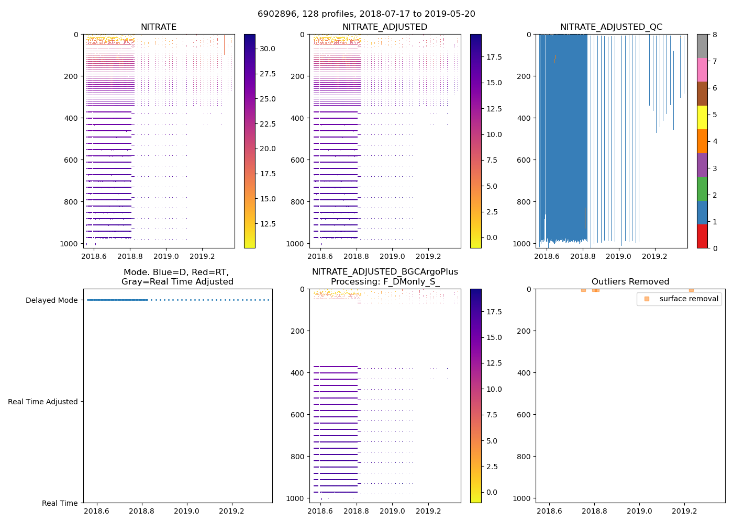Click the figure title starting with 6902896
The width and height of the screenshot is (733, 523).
[366, 14]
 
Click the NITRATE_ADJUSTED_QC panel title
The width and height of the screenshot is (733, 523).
[611, 27]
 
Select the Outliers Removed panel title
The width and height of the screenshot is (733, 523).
[630, 282]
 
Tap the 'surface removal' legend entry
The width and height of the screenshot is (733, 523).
[688, 299]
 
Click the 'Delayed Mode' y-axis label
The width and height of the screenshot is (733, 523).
[51, 300]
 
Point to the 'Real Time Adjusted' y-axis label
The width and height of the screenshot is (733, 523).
[43, 402]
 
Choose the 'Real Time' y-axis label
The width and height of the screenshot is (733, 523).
[60, 503]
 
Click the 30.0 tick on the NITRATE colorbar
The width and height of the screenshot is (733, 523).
[268, 49]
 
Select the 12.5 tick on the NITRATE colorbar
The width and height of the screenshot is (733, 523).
[268, 224]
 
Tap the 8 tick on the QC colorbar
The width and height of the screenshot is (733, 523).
[715, 35]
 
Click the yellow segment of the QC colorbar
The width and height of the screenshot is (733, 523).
[702, 117]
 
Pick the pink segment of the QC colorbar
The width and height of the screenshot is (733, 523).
[702, 70]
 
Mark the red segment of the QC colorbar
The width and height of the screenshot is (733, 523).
[702, 236]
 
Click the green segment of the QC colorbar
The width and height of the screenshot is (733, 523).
[702, 189]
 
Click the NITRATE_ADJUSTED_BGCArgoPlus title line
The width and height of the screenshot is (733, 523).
[385, 272]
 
